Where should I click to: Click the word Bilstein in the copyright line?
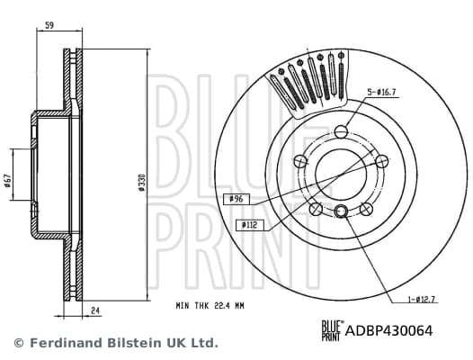coord(137,344)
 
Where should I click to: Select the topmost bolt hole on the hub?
coord(343,131)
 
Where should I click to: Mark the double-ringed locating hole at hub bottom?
coord(342,212)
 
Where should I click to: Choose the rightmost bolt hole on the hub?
coord(382,161)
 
